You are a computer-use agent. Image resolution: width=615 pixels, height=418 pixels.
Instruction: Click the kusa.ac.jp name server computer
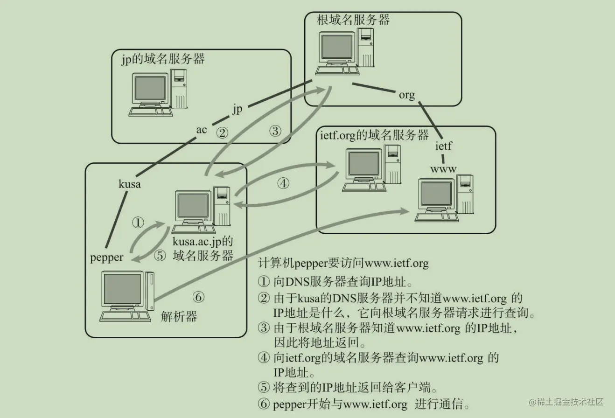point(201,210)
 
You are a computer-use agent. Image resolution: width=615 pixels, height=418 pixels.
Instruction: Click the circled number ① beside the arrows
point(138,223)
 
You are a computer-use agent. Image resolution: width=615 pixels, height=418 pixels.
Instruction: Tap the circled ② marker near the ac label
point(223,133)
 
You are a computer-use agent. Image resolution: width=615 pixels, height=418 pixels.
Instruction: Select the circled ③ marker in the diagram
point(276,131)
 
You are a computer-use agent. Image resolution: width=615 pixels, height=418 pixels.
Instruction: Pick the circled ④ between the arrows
point(283,183)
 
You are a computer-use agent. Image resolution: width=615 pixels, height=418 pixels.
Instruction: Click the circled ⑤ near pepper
point(160,256)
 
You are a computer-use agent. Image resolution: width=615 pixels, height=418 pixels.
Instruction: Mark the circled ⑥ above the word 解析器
point(198,297)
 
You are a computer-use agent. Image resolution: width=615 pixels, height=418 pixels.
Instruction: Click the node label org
point(406,95)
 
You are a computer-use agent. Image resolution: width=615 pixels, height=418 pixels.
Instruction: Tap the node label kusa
point(130,184)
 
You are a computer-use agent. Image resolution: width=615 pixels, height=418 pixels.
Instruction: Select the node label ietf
point(443,146)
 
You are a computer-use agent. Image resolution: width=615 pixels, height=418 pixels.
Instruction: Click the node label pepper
point(107,257)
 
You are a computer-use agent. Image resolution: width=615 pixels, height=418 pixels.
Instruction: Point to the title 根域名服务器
point(353,20)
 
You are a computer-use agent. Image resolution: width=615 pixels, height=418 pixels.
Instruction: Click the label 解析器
point(179,317)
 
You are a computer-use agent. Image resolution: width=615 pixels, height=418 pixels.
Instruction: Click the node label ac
point(201,130)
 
